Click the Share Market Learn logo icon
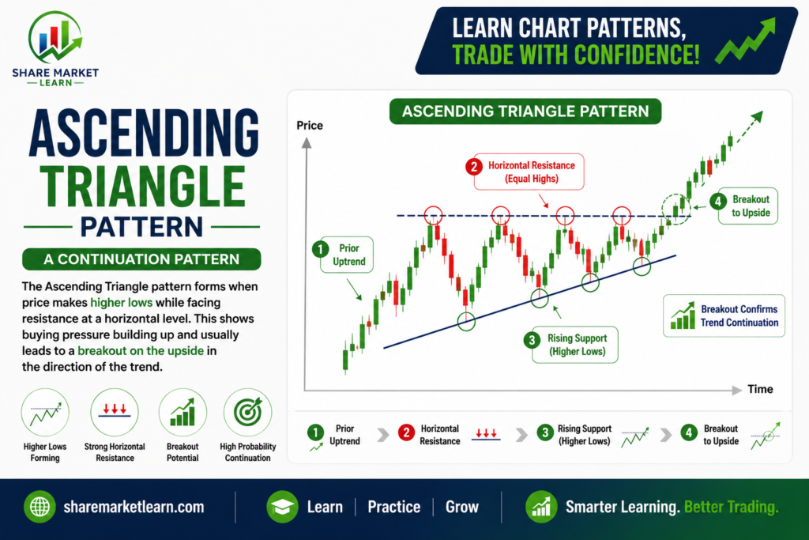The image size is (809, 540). coord(55,37)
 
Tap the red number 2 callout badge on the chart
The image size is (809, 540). coord(474,166)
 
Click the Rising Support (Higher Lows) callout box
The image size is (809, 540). coord(575,345)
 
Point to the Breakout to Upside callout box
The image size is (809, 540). coord(747,206)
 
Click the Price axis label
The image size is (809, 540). coord(310,126)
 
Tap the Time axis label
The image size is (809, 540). coord(760,389)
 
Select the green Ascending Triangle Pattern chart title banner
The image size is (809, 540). coord(525,111)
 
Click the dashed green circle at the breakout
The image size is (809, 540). coord(676,209)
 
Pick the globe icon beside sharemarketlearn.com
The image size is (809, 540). coord(40,507)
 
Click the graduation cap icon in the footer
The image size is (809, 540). coord(282,507)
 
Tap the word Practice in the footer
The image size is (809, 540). coord(393,507)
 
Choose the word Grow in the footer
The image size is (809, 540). coord(462,507)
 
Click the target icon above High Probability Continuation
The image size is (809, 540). coord(247,413)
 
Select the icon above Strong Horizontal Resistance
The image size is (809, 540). coord(115,413)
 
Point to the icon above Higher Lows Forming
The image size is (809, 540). coord(45,413)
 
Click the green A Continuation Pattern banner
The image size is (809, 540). coord(141,259)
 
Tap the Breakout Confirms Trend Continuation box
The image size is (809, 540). coord(724,316)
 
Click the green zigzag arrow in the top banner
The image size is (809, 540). coord(745,40)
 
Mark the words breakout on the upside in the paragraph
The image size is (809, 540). coord(141,351)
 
